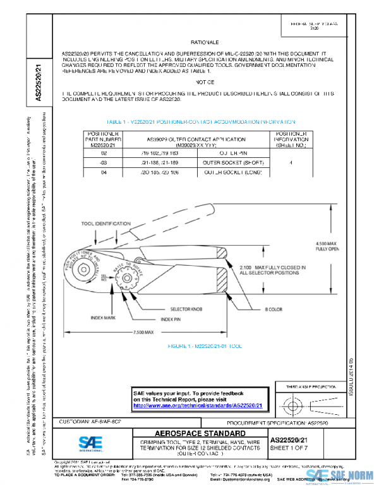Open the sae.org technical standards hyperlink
[x=197, y=406]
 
